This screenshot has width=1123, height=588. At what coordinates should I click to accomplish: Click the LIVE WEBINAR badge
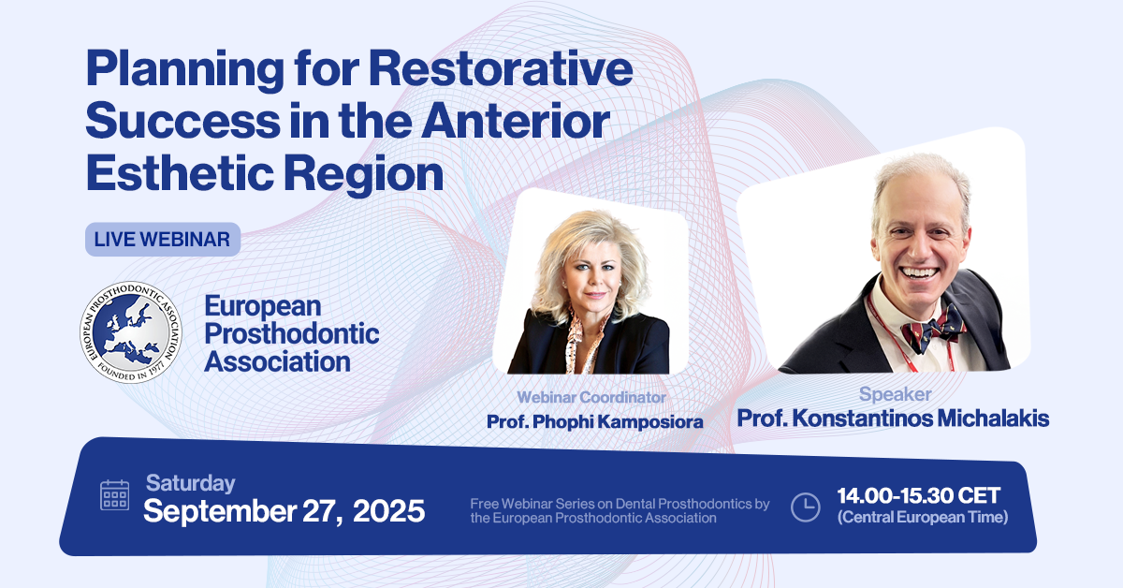point(163,240)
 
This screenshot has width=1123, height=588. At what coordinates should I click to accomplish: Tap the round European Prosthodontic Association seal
point(131,332)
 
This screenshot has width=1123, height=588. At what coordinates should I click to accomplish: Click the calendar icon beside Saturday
point(115,495)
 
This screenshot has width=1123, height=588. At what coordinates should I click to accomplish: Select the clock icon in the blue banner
point(805,507)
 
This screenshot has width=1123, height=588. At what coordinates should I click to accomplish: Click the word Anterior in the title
point(516,121)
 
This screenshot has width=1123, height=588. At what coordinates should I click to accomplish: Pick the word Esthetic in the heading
point(181,173)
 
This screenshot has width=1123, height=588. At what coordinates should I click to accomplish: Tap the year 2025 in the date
point(389,511)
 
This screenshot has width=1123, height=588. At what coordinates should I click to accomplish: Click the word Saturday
point(191,483)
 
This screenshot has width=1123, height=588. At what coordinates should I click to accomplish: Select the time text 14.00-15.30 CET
point(918,495)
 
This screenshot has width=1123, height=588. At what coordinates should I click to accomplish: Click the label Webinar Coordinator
point(591,397)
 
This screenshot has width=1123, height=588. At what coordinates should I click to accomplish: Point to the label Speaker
point(896,394)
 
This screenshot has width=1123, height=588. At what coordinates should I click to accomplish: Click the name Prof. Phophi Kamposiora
point(594,422)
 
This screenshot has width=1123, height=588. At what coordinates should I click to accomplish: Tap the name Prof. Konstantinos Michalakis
point(893,419)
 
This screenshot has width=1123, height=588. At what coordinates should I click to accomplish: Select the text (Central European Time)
point(923,517)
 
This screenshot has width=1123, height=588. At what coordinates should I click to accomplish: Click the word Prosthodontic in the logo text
point(292,334)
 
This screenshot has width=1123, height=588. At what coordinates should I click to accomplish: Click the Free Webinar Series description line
point(620,510)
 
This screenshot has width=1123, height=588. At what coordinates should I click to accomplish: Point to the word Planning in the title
point(185,70)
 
